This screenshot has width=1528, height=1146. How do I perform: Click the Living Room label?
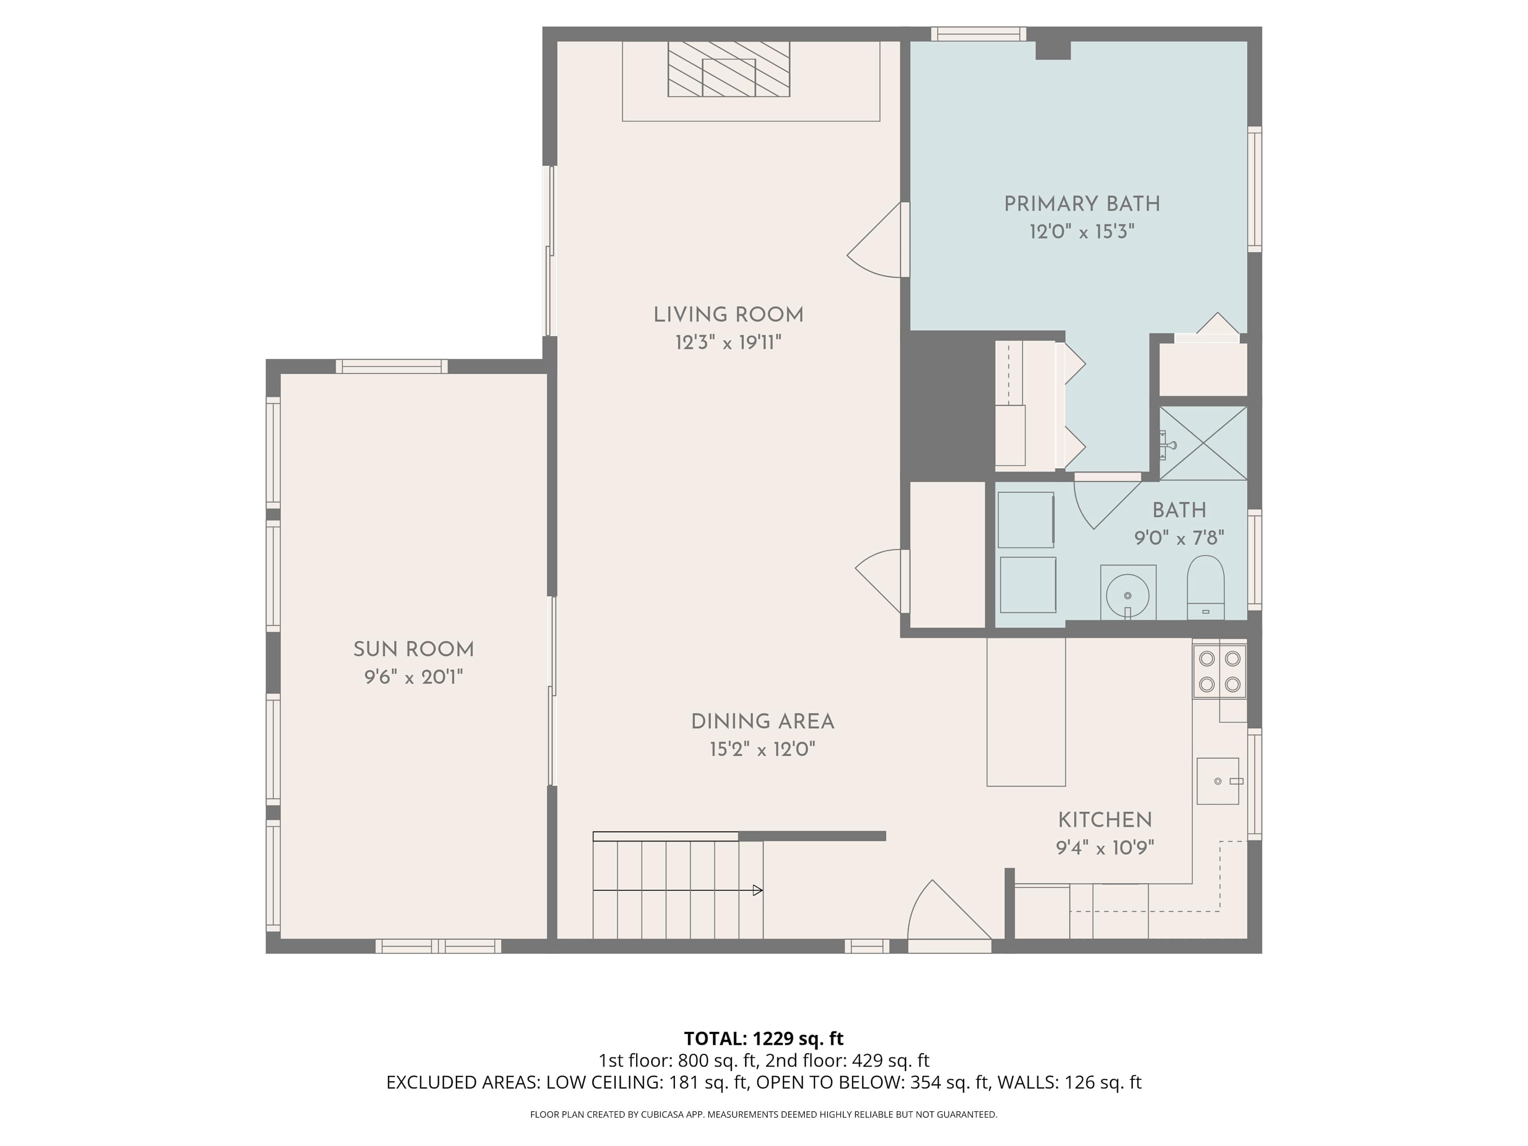point(729,315)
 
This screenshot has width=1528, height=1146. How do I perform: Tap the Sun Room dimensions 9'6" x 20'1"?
point(414,677)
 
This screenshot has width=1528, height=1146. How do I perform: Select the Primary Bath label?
point(1082,204)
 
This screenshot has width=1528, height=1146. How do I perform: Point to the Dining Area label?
point(762,722)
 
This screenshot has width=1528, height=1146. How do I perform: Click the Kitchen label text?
point(1105,820)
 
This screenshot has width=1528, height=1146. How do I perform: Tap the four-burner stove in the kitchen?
point(1219,671)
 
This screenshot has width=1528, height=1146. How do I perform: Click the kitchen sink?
point(1218,781)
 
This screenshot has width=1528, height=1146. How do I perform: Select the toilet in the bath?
point(1206,587)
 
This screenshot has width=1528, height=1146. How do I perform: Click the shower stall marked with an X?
point(1203,443)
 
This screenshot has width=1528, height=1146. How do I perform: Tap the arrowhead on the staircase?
point(758,890)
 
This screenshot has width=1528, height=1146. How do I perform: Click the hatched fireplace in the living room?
point(729,69)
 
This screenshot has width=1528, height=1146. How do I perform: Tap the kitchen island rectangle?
point(1026,712)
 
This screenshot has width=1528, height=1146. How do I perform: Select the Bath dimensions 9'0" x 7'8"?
point(1179,537)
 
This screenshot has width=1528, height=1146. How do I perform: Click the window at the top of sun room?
point(392,366)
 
